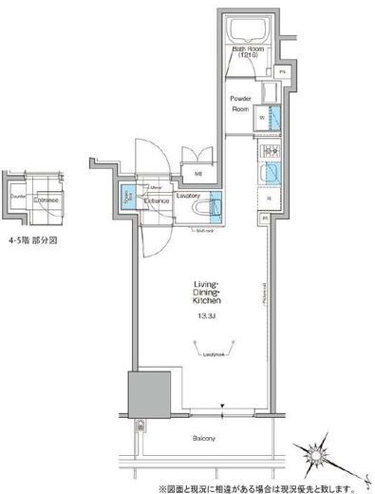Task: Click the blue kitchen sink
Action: (x=269, y=174)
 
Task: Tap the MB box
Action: (x=198, y=173)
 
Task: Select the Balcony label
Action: (x=206, y=438)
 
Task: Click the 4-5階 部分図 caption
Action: (x=34, y=241)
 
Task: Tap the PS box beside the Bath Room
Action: (x=284, y=72)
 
